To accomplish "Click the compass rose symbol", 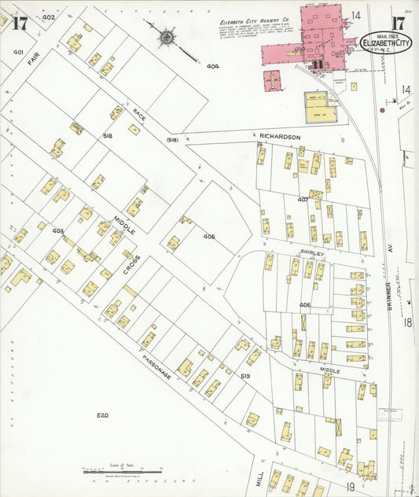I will point(167,36).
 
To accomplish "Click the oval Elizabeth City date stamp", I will point(386,42).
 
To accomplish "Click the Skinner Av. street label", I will point(388,283).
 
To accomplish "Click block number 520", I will point(102,414).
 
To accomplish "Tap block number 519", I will point(244,376).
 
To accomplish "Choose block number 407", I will point(302,199).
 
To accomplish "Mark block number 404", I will point(212,67).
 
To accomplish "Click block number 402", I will point(49,17).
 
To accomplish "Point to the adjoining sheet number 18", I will point(408,322).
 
